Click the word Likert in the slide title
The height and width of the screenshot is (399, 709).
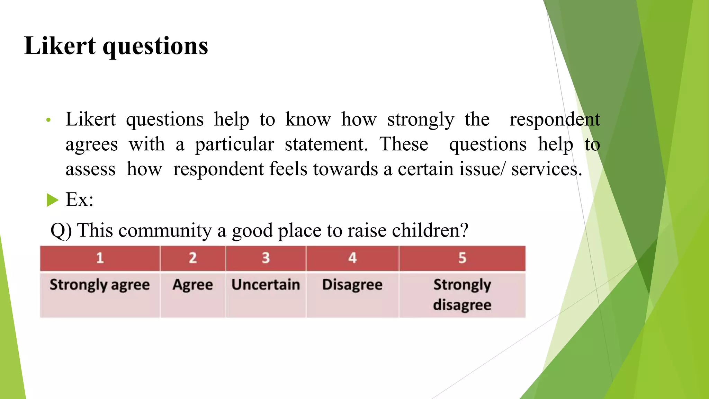click(60, 46)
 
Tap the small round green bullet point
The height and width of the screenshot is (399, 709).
click(48, 120)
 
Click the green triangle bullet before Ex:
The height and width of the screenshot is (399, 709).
click(52, 200)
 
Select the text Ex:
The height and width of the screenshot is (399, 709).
click(80, 199)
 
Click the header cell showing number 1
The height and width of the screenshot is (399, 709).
click(100, 258)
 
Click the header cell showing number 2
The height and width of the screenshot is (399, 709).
click(193, 258)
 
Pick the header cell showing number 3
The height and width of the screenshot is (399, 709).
click(266, 258)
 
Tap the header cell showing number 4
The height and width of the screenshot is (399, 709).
click(352, 258)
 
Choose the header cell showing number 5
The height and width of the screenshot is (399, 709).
click(462, 258)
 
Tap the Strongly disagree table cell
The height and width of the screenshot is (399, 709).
click(462, 294)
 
